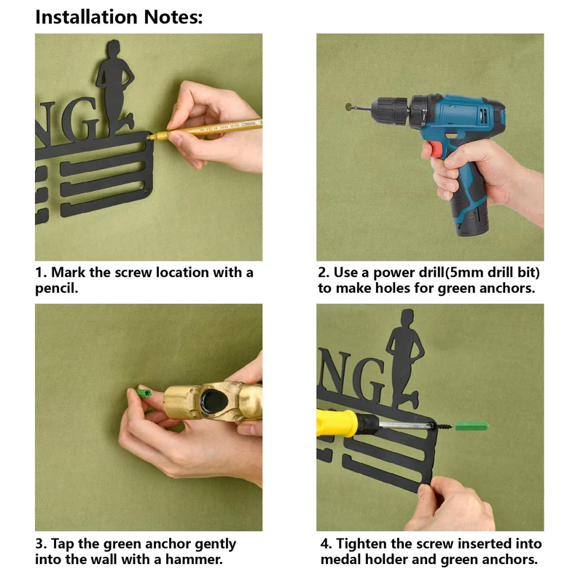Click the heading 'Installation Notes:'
(x=119, y=17)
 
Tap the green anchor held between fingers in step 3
(x=144, y=393)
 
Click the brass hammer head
(x=213, y=402)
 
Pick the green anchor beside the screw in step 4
(x=472, y=426)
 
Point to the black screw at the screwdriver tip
(x=444, y=426)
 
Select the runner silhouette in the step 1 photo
(x=114, y=87)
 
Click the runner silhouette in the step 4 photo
(x=404, y=357)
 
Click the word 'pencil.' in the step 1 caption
(x=57, y=289)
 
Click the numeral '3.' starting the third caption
(x=41, y=544)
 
